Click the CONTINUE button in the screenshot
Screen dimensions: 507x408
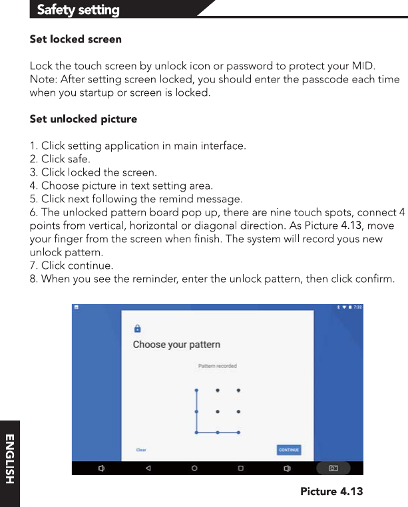coord(289,450)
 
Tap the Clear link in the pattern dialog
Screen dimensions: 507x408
coord(141,450)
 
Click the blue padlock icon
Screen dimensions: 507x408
coord(137,328)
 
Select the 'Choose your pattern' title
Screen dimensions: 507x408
coord(176,345)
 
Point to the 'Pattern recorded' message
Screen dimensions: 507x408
coord(218,366)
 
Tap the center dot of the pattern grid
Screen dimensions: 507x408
coord(218,411)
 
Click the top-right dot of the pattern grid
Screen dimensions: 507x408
coord(238,390)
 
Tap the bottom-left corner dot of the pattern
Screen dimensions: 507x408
coord(196,432)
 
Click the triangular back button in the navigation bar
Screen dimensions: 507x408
coord(148,468)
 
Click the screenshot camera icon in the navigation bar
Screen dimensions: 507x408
coord(333,468)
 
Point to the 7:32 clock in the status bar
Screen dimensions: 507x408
coord(357,307)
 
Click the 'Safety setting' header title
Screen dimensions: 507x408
coord(78,10)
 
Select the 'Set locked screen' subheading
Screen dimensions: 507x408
coord(76,39)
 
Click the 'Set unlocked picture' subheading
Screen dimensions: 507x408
coord(83,119)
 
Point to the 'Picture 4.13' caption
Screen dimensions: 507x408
coord(331,492)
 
